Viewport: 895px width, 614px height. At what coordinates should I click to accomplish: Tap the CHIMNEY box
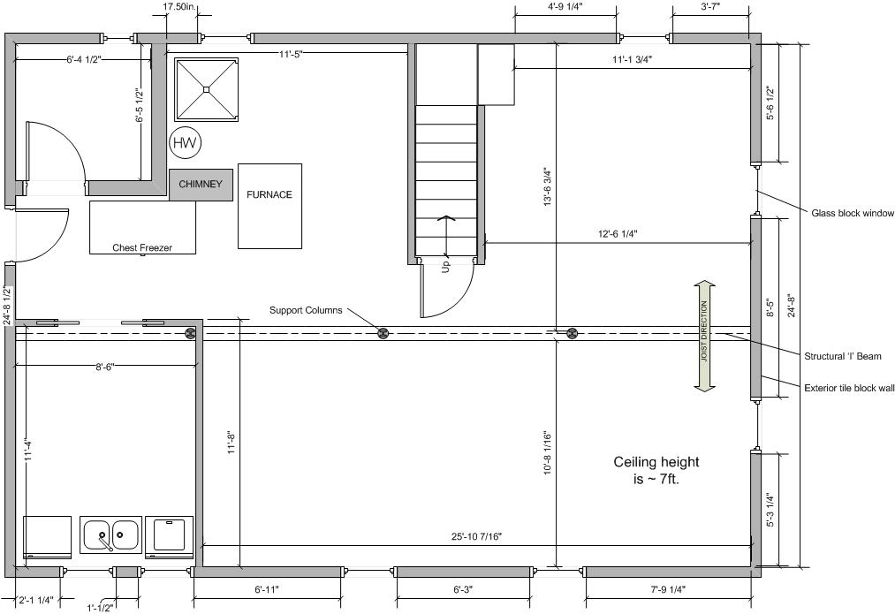pyautogui.click(x=201, y=185)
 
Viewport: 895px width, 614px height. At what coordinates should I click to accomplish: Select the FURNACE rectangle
pyautogui.click(x=269, y=206)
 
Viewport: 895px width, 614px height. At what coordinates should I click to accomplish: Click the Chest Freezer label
pyautogui.click(x=142, y=247)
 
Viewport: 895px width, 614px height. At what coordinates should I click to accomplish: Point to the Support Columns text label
pyautogui.click(x=306, y=310)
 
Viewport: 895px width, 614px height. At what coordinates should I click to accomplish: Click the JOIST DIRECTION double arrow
pyautogui.click(x=705, y=336)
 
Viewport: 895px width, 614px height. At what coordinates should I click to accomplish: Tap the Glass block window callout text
pyautogui.click(x=853, y=214)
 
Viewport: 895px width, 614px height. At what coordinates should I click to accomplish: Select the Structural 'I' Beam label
pyautogui.click(x=843, y=357)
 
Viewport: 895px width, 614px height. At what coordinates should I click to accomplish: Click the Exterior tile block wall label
pyautogui.click(x=849, y=389)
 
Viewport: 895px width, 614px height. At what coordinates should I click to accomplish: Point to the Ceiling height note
pyautogui.click(x=656, y=470)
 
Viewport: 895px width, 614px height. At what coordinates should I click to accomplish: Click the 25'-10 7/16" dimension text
pyautogui.click(x=476, y=536)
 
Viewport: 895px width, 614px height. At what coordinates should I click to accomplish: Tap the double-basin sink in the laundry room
pyautogui.click(x=110, y=534)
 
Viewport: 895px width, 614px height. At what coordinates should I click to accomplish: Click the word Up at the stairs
pyautogui.click(x=446, y=266)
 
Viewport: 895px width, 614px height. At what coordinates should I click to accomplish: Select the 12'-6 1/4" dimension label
pyautogui.click(x=618, y=233)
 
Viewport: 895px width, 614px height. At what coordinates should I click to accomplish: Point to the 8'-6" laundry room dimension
pyautogui.click(x=105, y=367)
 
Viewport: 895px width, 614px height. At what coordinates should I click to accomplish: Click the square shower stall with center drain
pyautogui.click(x=206, y=89)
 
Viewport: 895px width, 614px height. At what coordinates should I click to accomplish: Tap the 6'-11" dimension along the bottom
pyautogui.click(x=267, y=589)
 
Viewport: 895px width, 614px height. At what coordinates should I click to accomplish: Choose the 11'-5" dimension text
pyautogui.click(x=291, y=54)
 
